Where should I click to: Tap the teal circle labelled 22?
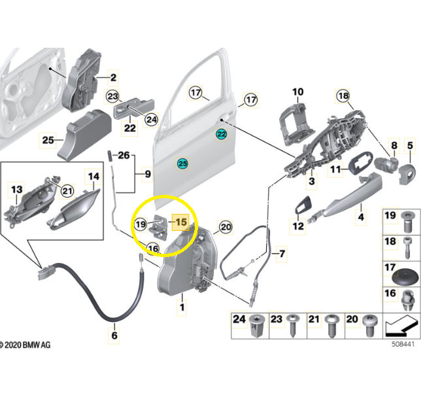point(222,134)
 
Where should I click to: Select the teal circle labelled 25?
point(183,162)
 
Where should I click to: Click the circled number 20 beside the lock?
point(226,227)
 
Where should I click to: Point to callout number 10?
point(297,92)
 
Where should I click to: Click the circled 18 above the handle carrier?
point(344,96)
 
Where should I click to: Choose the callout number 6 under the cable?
point(114,336)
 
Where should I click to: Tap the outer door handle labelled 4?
point(340,198)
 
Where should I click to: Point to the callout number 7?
point(282,252)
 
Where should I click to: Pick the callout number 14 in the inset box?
point(93,176)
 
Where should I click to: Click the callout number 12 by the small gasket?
point(298,226)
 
